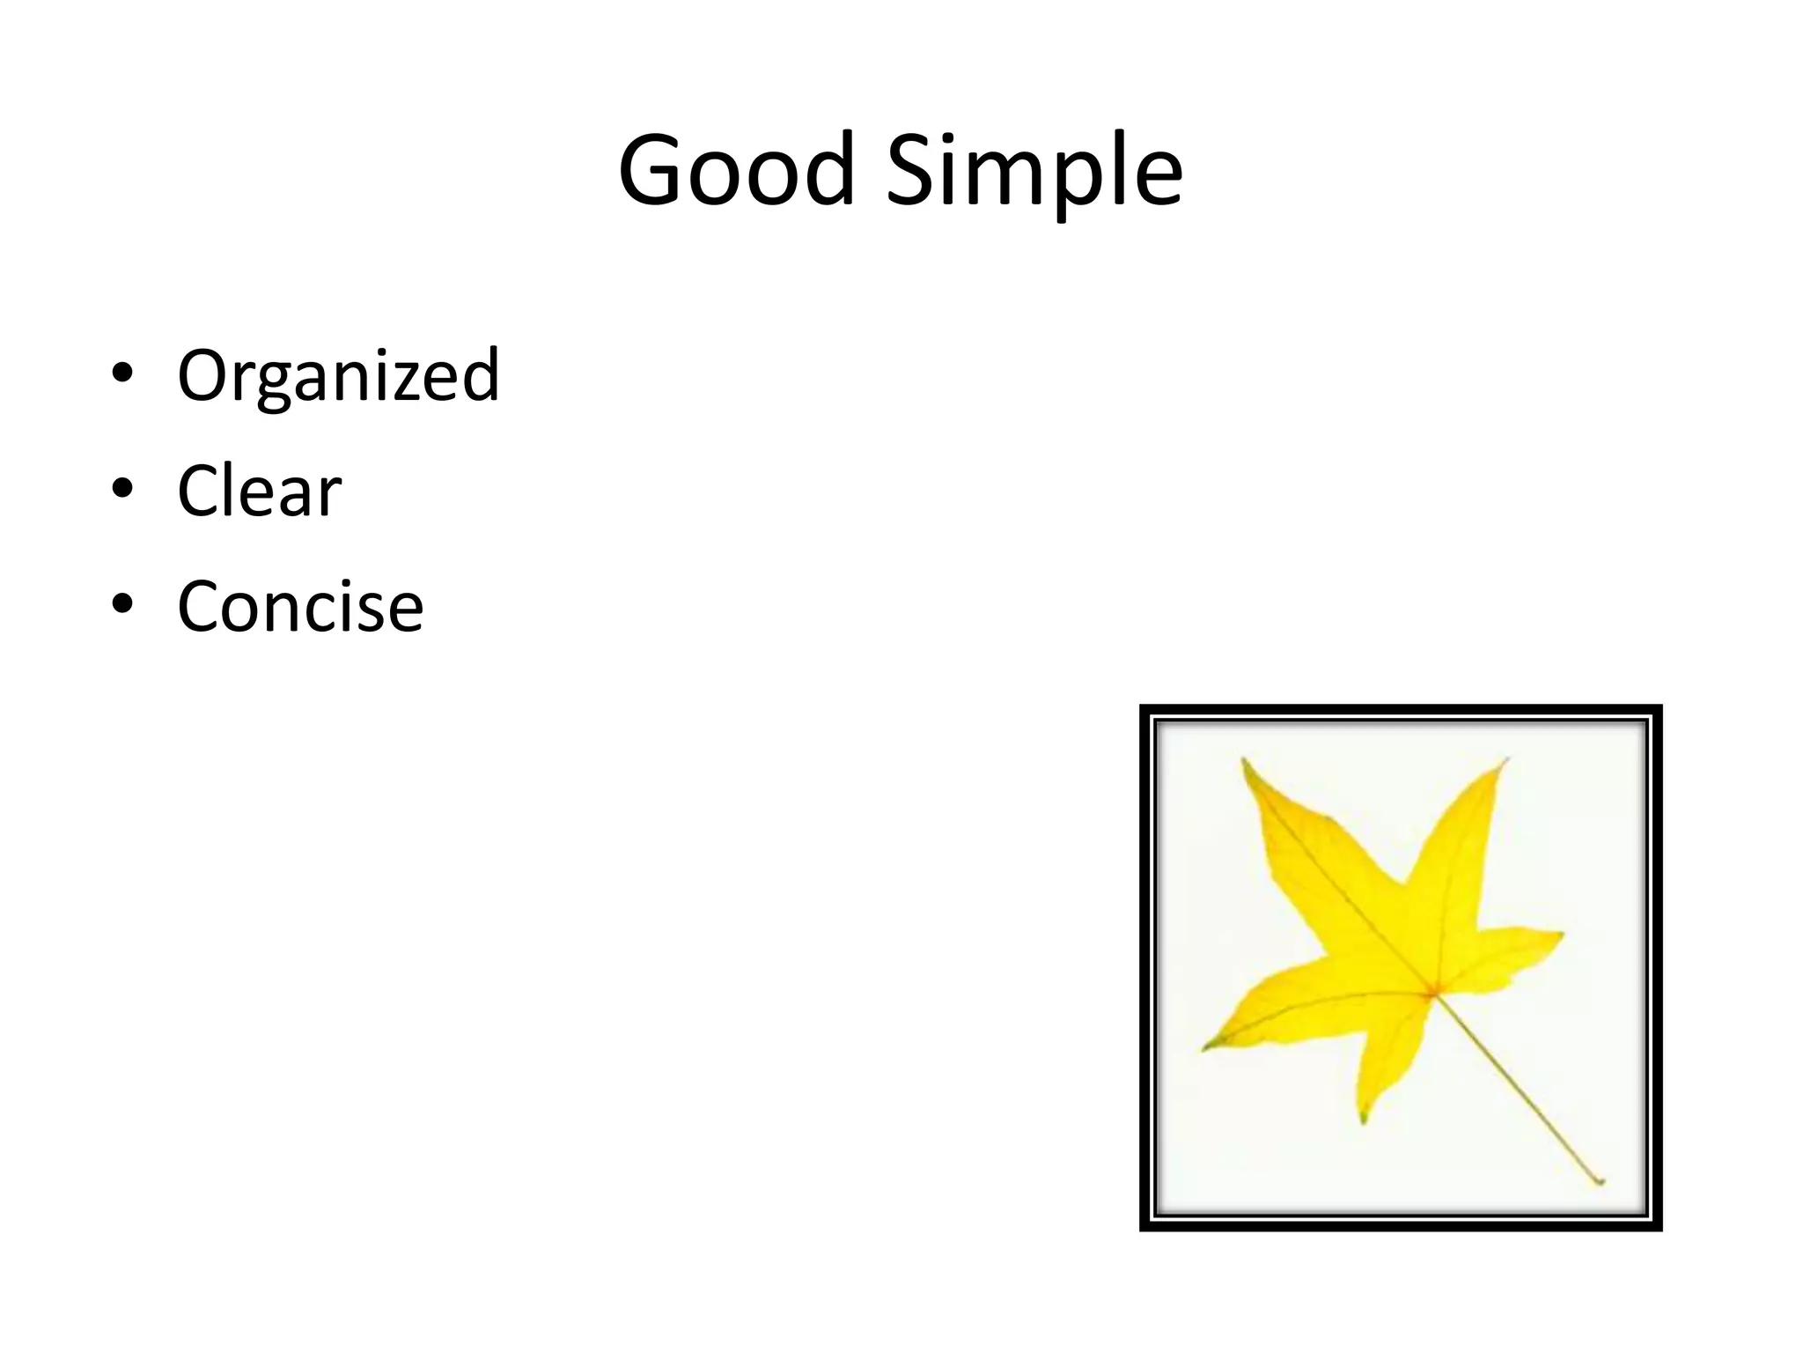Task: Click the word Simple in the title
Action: coord(1034,172)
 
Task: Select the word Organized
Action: coord(338,376)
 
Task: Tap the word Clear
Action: coord(259,492)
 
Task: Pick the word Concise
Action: coord(300,607)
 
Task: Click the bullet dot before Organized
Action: coord(122,373)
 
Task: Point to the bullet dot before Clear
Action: coord(122,489)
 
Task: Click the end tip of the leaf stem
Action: coord(1601,1182)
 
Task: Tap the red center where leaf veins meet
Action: coord(1432,994)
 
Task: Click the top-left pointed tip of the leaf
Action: coord(1243,759)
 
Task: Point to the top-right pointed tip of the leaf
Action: coord(1506,759)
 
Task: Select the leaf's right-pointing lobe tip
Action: coord(1563,935)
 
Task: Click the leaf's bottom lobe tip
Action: coord(1364,1120)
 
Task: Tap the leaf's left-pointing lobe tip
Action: coord(1204,1048)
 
